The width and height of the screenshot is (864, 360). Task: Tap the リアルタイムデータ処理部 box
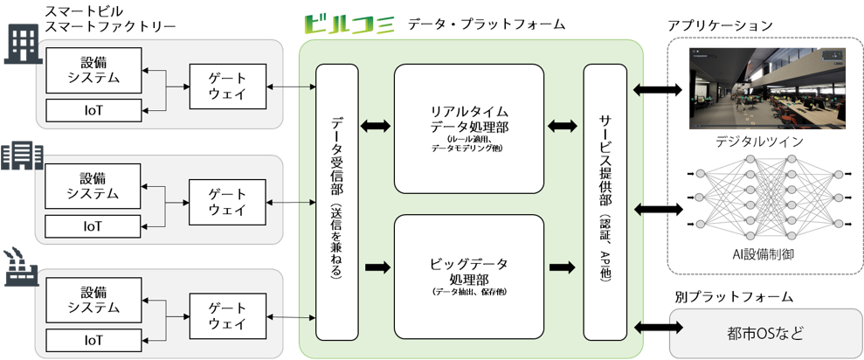(x=469, y=128)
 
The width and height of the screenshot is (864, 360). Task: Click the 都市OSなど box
(x=764, y=333)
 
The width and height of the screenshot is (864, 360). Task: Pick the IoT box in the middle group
(x=93, y=226)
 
